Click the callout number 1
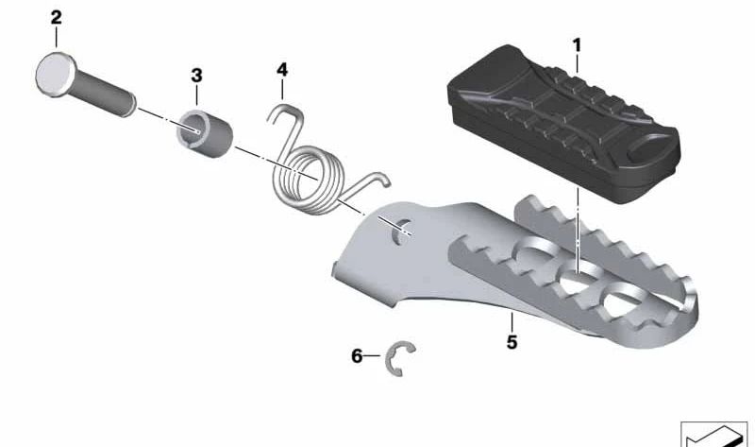pyautogui.click(x=577, y=45)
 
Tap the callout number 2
pyautogui.click(x=57, y=18)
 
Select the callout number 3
pyautogui.click(x=196, y=76)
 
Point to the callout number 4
pyautogui.click(x=282, y=70)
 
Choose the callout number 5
pyautogui.click(x=512, y=342)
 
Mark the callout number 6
pyautogui.click(x=357, y=356)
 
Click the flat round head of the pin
pyautogui.click(x=56, y=75)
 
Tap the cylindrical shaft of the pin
pyautogui.click(x=104, y=93)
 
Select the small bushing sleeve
pyautogui.click(x=204, y=133)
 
